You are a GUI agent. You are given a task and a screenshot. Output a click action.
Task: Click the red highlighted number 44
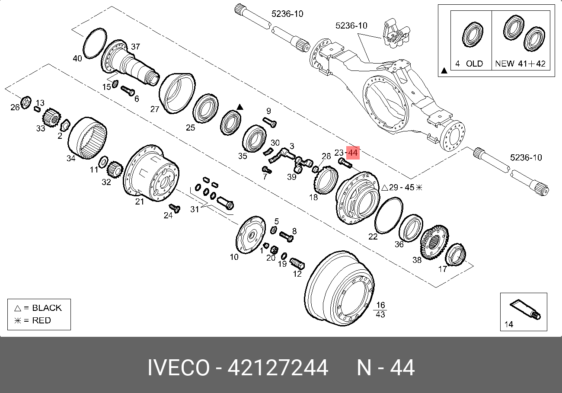[x=353, y=153]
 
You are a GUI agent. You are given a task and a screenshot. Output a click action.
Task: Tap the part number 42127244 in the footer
[x=278, y=367]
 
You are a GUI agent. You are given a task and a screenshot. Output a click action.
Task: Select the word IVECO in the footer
[x=179, y=367]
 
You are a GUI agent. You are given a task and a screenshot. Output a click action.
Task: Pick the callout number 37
[x=135, y=47]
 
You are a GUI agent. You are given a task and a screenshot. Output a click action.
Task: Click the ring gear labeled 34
[x=87, y=138]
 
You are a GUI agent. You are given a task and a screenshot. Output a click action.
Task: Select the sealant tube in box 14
[x=525, y=310]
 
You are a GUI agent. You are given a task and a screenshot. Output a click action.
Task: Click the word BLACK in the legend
[x=47, y=308]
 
